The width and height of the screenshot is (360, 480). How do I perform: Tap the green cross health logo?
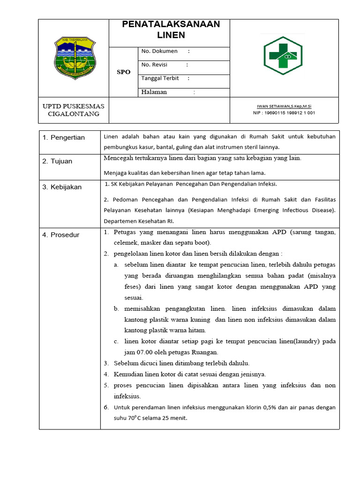[x=283, y=56]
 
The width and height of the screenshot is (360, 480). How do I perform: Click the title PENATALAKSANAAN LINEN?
[x=171, y=30]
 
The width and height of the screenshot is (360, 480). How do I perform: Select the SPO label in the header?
[x=124, y=72]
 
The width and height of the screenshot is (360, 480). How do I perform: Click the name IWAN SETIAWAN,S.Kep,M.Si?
[x=284, y=106]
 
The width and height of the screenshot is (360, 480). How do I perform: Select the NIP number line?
[x=284, y=113]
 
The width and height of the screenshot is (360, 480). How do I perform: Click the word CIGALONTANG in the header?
[x=74, y=114]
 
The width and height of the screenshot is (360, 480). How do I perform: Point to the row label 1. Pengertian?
[x=64, y=137]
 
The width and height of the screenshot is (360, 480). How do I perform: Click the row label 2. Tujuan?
[x=57, y=161]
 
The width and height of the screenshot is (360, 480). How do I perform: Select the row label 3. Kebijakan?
[x=62, y=187]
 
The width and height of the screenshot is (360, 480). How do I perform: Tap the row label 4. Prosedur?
[x=61, y=235]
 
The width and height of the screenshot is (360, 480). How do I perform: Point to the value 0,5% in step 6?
[x=264, y=407]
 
